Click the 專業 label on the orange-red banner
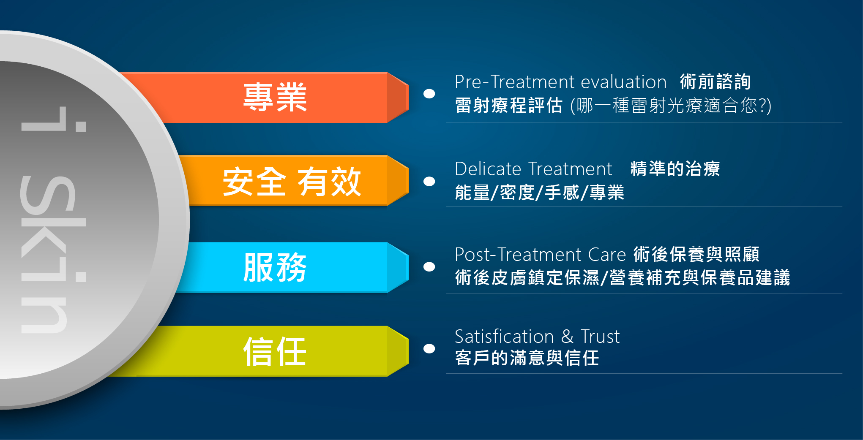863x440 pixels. [x=275, y=98]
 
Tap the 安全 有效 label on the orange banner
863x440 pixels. [x=292, y=182]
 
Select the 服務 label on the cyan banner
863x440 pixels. [x=275, y=267]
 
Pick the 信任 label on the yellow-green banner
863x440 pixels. [x=275, y=351]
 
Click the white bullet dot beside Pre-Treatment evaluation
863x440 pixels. [x=429, y=94]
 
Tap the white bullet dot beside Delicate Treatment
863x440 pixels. [x=429, y=181]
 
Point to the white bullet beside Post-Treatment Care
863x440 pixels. [x=429, y=266]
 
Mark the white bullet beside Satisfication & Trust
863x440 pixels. [x=429, y=348]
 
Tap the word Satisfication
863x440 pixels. [x=504, y=337]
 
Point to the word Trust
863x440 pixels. [x=600, y=337]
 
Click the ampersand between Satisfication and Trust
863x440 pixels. [x=567, y=337]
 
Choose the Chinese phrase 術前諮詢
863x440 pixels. [x=716, y=81]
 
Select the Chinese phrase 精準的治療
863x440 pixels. [x=675, y=169]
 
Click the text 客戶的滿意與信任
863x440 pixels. [x=527, y=358]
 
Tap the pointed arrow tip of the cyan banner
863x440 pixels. [x=408, y=267]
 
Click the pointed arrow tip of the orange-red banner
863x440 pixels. [x=408, y=97]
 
